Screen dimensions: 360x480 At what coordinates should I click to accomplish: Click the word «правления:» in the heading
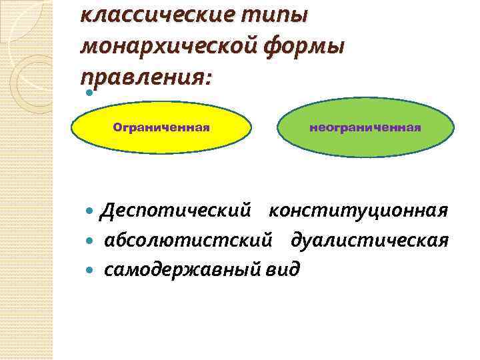[x=143, y=79]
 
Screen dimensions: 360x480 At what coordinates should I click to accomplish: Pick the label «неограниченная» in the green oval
[x=365, y=127]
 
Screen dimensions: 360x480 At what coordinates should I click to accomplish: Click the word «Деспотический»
[x=175, y=211]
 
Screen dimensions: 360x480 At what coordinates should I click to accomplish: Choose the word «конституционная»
[x=358, y=211]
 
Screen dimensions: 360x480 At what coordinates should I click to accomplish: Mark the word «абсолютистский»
[x=187, y=240]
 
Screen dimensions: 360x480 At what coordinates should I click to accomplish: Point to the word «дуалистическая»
[x=369, y=240]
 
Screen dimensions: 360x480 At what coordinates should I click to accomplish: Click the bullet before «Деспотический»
[x=91, y=212]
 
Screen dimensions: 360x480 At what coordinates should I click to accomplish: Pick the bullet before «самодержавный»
[x=91, y=269]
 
